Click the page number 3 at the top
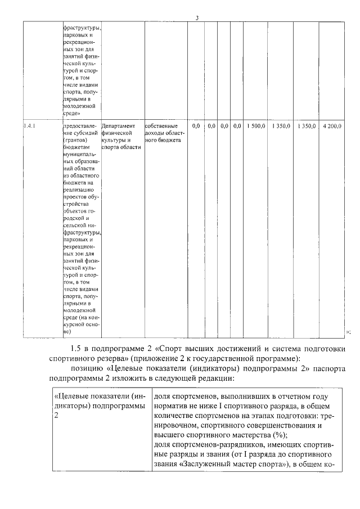pyautogui.click(x=197, y=17)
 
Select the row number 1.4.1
pyautogui.click(x=30, y=126)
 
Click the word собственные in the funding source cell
pyautogui.click(x=161, y=126)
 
